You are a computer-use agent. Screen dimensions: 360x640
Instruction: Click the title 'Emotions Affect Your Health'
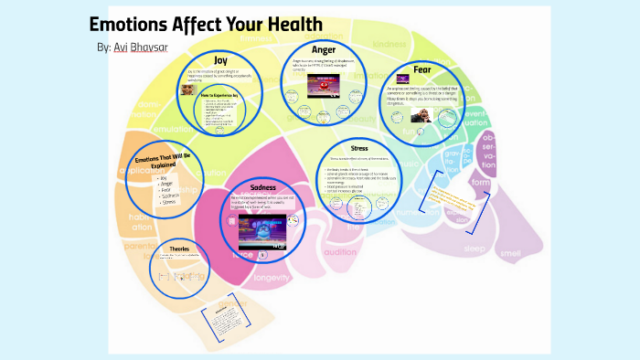206,25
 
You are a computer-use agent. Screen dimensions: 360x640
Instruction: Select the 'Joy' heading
219,59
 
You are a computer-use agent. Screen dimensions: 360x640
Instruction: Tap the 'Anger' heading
325,50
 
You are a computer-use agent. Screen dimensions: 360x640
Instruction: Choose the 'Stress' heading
359,148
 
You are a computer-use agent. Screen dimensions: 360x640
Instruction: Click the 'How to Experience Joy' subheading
219,94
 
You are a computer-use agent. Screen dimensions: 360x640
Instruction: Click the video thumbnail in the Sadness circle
263,229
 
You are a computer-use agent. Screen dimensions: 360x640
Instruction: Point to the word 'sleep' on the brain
475,248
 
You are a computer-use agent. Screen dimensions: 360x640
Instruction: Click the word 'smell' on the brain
509,251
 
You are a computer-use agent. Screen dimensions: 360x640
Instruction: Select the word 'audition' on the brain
340,251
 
